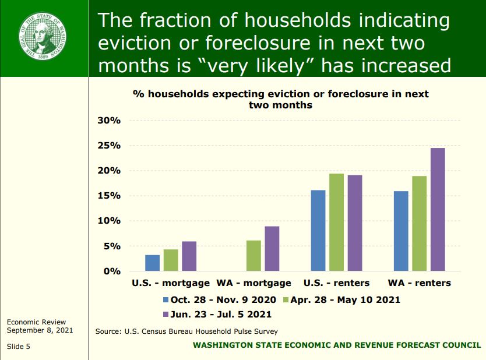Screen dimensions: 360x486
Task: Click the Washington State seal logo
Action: point(44,38)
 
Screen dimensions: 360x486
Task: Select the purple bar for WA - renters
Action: point(437,210)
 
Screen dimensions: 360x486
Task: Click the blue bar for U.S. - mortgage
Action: point(152,263)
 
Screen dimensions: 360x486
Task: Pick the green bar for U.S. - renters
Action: point(336,223)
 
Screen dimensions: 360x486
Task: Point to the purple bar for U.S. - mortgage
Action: point(189,256)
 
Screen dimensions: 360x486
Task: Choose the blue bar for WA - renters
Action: point(401,231)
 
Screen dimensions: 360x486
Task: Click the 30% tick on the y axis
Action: point(108,121)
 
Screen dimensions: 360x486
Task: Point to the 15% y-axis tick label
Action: point(108,196)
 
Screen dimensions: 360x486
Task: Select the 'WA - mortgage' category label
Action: point(254,283)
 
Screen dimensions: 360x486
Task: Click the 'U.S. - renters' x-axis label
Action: point(336,283)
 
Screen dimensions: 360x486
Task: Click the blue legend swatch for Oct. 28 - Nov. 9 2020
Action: point(165,300)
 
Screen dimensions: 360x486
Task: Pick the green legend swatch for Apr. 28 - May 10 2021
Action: point(286,300)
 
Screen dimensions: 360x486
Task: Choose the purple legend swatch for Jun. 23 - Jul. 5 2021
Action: point(165,315)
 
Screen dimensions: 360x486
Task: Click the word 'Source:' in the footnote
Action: point(108,331)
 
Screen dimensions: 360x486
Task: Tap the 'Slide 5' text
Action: point(19,346)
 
